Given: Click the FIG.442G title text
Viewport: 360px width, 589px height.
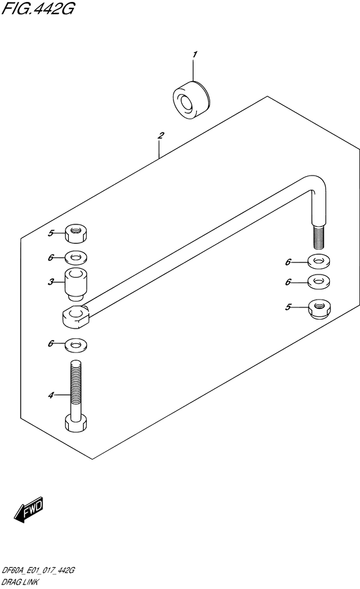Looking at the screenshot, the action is pos(37,8).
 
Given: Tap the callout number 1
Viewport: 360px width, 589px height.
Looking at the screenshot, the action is pos(194,55).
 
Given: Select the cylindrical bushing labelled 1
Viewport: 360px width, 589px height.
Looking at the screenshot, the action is pos(192,100).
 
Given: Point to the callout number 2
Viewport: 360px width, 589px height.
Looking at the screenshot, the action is pos(161,135).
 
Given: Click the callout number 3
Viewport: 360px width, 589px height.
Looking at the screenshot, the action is pos(51,282).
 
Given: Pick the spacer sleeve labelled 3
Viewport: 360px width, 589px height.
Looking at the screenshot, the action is pos(76,285).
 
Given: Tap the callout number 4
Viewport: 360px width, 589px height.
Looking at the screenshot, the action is pos(51,395).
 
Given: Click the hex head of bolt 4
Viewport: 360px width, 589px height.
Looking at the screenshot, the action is pos(77,423).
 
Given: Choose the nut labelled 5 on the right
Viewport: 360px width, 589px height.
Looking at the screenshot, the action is pos(319,309).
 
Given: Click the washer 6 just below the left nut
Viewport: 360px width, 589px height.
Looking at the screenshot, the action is pos(76,258).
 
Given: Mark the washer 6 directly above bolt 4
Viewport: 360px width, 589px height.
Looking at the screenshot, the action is pos(76,344).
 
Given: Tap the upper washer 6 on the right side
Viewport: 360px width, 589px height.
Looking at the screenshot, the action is pos(319,262).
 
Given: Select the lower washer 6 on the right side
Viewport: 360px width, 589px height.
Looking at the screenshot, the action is pos(319,282).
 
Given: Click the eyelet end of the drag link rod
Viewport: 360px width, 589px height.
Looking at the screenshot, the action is pos(76,316).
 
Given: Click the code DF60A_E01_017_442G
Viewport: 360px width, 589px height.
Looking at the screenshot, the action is pos(39,570).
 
